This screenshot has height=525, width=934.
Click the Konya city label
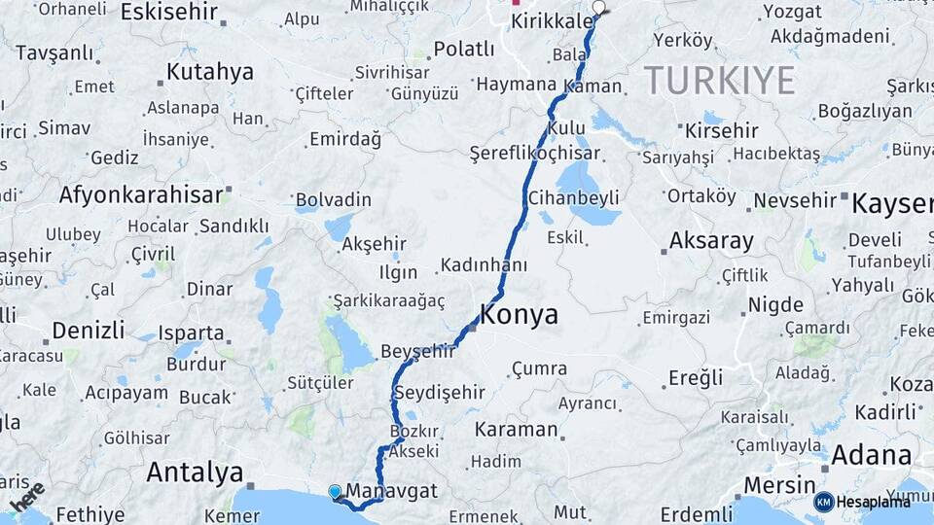[x=520, y=315]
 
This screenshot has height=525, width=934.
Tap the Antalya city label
[x=195, y=473]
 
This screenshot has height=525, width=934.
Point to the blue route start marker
[x=336, y=492]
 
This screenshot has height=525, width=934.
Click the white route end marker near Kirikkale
[x=598, y=8]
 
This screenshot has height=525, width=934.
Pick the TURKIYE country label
[x=719, y=80]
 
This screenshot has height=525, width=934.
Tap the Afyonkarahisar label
[x=141, y=194]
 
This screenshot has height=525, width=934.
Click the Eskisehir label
[x=167, y=12]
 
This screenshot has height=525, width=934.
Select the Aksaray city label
[x=711, y=241]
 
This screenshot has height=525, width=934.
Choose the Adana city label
[x=872, y=455]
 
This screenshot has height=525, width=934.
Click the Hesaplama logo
[x=862, y=502]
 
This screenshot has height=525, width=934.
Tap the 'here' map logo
[x=27, y=497]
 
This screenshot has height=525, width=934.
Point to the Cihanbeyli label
[x=573, y=198]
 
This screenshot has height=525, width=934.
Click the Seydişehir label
[x=443, y=392]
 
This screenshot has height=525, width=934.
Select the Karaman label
[x=516, y=429]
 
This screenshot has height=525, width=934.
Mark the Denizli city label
[x=88, y=330]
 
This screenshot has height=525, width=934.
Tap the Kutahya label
[x=209, y=72]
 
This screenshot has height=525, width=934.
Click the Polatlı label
[x=464, y=49]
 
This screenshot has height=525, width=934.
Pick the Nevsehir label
[x=795, y=200]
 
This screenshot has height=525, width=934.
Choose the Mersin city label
[x=779, y=484]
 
